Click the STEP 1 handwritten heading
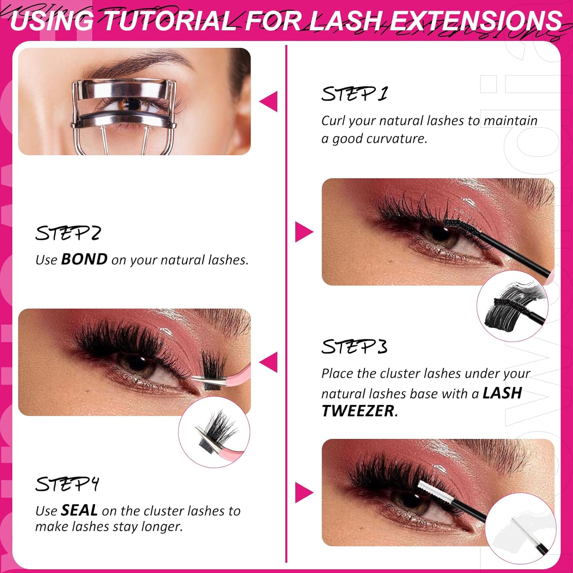click(354, 94)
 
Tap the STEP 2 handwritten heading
click(68, 233)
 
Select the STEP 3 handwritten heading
click(354, 347)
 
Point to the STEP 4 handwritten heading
click(67, 484)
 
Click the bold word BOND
click(84, 259)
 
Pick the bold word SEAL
click(79, 510)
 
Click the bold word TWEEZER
click(358, 411)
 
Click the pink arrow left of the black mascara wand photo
click(304, 232)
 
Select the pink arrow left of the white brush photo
click(304, 492)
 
